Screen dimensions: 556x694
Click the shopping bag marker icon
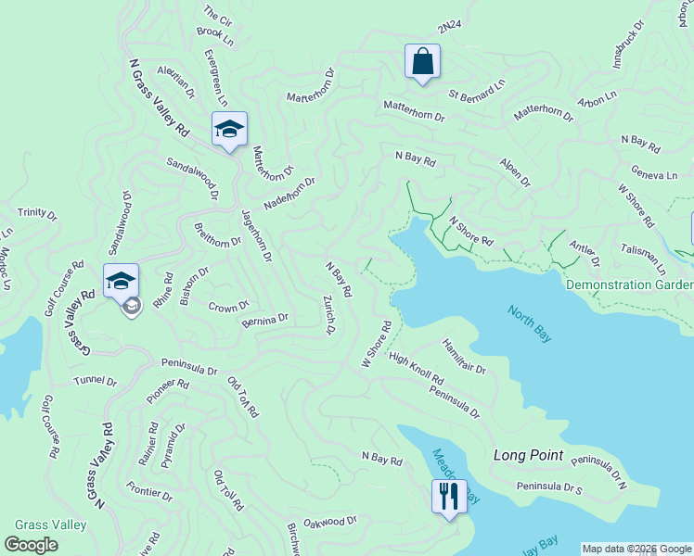tap(422, 62)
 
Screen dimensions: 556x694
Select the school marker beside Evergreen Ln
tap(229, 129)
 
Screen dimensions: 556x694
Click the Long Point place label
tap(529, 455)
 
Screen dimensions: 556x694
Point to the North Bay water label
tap(529, 323)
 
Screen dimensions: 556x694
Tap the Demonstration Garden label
tap(629, 284)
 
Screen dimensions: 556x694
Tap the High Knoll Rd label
tap(417, 369)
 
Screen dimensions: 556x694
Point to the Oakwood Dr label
tap(330, 522)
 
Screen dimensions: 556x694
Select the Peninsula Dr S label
tap(547, 487)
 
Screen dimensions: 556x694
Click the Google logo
tap(32, 545)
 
